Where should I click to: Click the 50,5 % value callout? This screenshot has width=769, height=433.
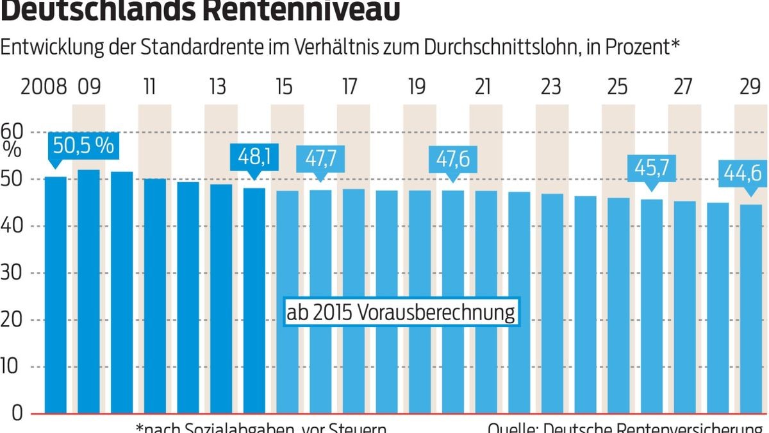pos(83,146)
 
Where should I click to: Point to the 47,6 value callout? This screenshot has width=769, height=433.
pos(452,157)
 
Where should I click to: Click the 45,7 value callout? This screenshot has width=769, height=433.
pos(651,168)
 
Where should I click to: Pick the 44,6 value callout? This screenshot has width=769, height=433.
pos(742,173)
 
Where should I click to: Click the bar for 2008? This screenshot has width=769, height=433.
pos(56,295)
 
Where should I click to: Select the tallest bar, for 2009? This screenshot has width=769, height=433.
pos(89,292)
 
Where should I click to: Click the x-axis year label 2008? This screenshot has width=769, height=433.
pos(44,87)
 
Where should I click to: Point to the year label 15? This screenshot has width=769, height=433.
pos(283,87)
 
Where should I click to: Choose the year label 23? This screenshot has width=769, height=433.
pos(550,87)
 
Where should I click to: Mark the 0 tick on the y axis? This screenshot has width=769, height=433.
pos(17,414)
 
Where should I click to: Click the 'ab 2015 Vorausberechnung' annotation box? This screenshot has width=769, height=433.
pos(401,313)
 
